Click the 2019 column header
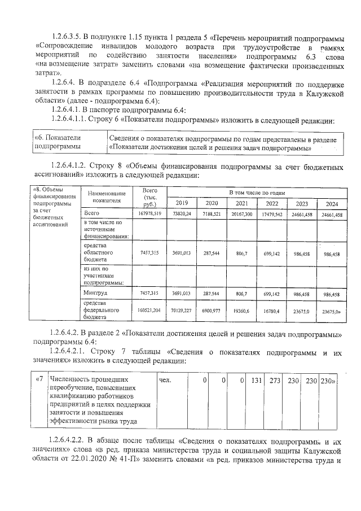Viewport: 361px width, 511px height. point(182,203)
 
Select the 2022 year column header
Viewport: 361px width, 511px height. point(271,203)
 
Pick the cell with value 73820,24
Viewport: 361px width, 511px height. point(182,213)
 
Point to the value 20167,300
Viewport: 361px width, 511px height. point(241,213)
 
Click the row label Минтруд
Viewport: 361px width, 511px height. point(95,293)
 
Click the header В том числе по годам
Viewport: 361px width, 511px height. point(256,193)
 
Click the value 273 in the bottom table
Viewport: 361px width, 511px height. point(275,381)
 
